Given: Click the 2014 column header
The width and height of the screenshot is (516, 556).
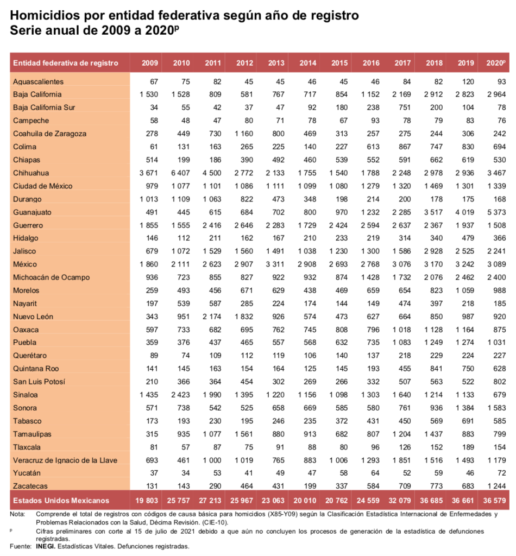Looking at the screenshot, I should coord(307,63).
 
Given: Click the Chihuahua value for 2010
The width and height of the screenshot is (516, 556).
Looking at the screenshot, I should coord(181,173).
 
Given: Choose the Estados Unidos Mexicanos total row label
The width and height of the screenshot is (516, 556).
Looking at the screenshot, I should coord(61,500).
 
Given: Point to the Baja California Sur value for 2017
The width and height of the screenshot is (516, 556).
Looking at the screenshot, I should coord(402,108).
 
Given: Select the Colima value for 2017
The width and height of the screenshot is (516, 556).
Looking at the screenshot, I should coord(402,147).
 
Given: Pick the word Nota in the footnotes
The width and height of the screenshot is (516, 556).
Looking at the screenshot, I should coord(17,513).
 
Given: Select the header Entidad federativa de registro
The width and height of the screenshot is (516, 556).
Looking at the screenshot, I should coord(66,63).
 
